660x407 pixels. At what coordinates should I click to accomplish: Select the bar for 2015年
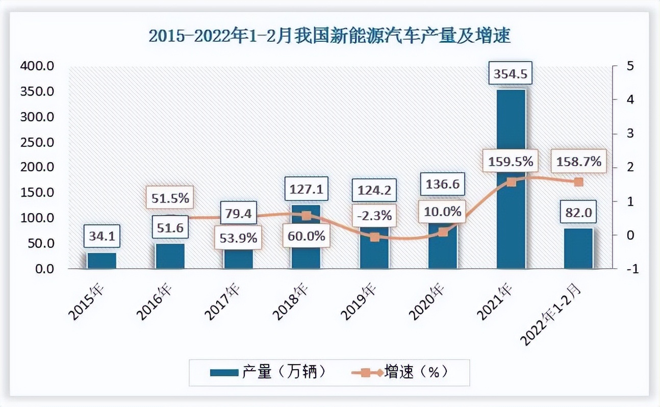tap(101, 260)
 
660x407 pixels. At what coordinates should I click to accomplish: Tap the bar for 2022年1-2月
tap(578, 248)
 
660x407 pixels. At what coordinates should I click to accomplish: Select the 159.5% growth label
tap(511, 162)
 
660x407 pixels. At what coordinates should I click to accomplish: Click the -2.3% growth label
tap(375, 215)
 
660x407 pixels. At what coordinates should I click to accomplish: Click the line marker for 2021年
tap(511, 182)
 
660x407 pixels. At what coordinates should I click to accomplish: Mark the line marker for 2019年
tap(375, 237)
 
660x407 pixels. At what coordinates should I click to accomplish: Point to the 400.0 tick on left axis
tap(37, 66)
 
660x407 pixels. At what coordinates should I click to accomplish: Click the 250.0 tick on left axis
tap(37, 142)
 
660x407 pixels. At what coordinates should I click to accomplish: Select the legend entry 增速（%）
tap(402, 372)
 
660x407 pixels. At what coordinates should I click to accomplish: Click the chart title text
tap(329, 37)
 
